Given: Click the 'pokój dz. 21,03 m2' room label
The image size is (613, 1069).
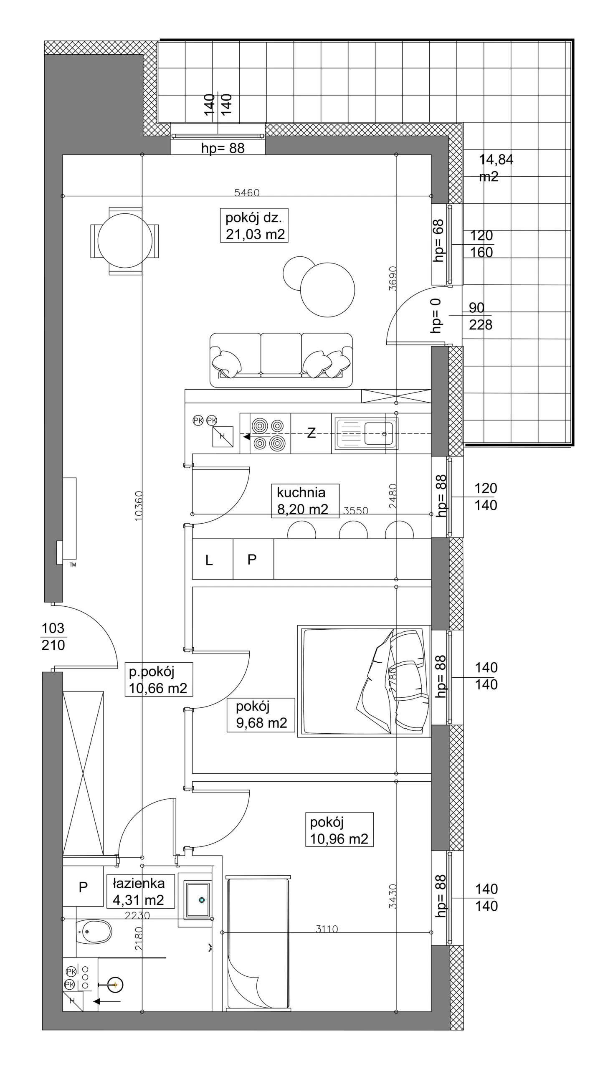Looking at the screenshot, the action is (x=254, y=225).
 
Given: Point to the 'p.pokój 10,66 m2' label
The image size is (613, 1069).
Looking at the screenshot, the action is (x=159, y=679).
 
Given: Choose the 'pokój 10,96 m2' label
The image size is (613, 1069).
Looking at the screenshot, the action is (x=339, y=830).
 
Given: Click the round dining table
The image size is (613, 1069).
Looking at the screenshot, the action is (x=125, y=241).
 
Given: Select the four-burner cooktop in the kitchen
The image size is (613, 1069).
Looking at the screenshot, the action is (x=268, y=434).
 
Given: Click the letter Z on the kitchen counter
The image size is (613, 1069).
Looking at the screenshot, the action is (x=312, y=433).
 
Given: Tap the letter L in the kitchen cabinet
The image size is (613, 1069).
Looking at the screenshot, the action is (x=209, y=560).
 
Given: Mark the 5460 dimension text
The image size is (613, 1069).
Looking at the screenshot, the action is (x=247, y=193).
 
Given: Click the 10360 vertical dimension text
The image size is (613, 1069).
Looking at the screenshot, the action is (x=139, y=506).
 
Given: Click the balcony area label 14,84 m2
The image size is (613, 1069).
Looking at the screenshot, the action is (x=496, y=167).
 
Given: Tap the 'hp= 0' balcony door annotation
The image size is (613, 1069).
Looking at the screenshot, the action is (x=436, y=315).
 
